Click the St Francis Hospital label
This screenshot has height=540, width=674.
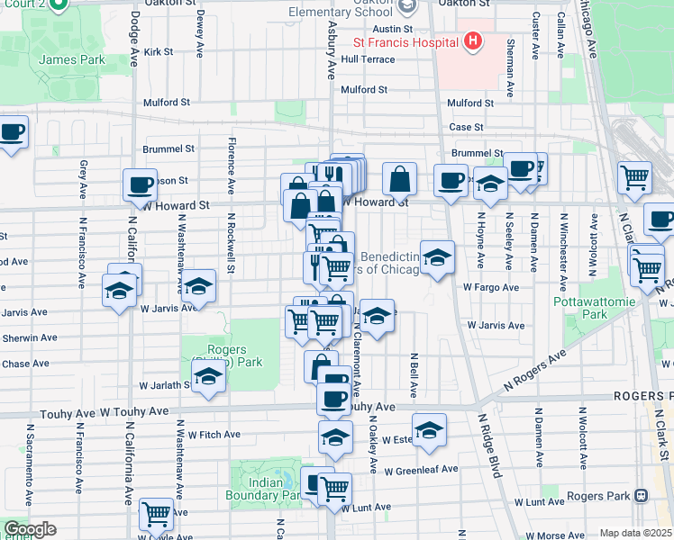[405, 41]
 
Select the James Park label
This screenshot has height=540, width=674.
[72, 60]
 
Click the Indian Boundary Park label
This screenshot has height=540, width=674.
[266, 489]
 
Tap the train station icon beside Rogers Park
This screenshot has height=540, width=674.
[642, 495]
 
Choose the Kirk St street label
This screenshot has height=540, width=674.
[158, 52]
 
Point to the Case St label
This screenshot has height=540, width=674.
[467, 128]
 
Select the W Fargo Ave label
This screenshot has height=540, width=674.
[491, 288]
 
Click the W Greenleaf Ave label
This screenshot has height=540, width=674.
[421, 470]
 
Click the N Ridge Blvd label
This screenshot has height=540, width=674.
[492, 456]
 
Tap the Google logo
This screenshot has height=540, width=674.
[30, 529]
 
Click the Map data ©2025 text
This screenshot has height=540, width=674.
[635, 533]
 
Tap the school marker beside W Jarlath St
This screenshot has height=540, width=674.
[208, 378]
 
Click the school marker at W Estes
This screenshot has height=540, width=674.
[430, 430]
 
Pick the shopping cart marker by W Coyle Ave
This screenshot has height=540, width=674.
[157, 514]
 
